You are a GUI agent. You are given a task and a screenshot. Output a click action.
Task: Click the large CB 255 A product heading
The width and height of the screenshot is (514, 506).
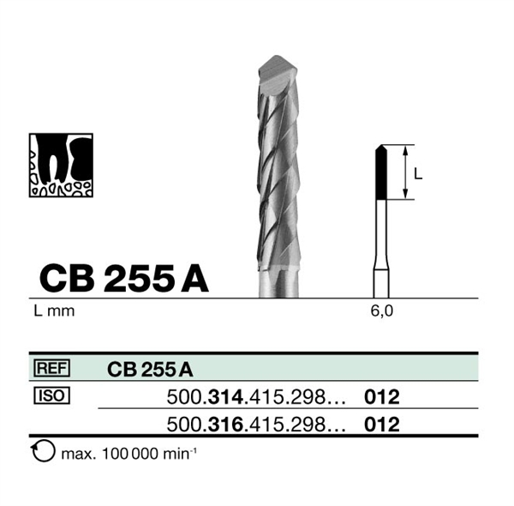(x=124, y=279)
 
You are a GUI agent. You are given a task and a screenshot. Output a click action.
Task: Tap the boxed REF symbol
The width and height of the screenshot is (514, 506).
(x=51, y=368)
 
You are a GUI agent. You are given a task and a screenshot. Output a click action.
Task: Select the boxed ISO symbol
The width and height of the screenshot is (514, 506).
(x=51, y=395)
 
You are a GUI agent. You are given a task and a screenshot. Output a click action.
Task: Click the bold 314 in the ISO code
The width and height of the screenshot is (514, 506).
(x=226, y=397)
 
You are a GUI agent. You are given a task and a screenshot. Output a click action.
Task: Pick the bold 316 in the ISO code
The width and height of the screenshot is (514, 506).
(x=226, y=425)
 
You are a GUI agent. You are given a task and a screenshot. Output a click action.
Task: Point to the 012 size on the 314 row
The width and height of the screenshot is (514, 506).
(x=382, y=397)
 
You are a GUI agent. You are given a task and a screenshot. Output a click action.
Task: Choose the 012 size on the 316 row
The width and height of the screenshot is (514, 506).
(x=382, y=425)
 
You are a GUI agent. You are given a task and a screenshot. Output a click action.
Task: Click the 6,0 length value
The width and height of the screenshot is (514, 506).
(x=381, y=310)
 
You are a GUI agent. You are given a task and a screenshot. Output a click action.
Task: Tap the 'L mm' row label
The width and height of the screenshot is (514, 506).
(x=54, y=310)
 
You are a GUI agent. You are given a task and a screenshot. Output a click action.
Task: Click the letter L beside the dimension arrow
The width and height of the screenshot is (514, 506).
(x=418, y=173)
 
